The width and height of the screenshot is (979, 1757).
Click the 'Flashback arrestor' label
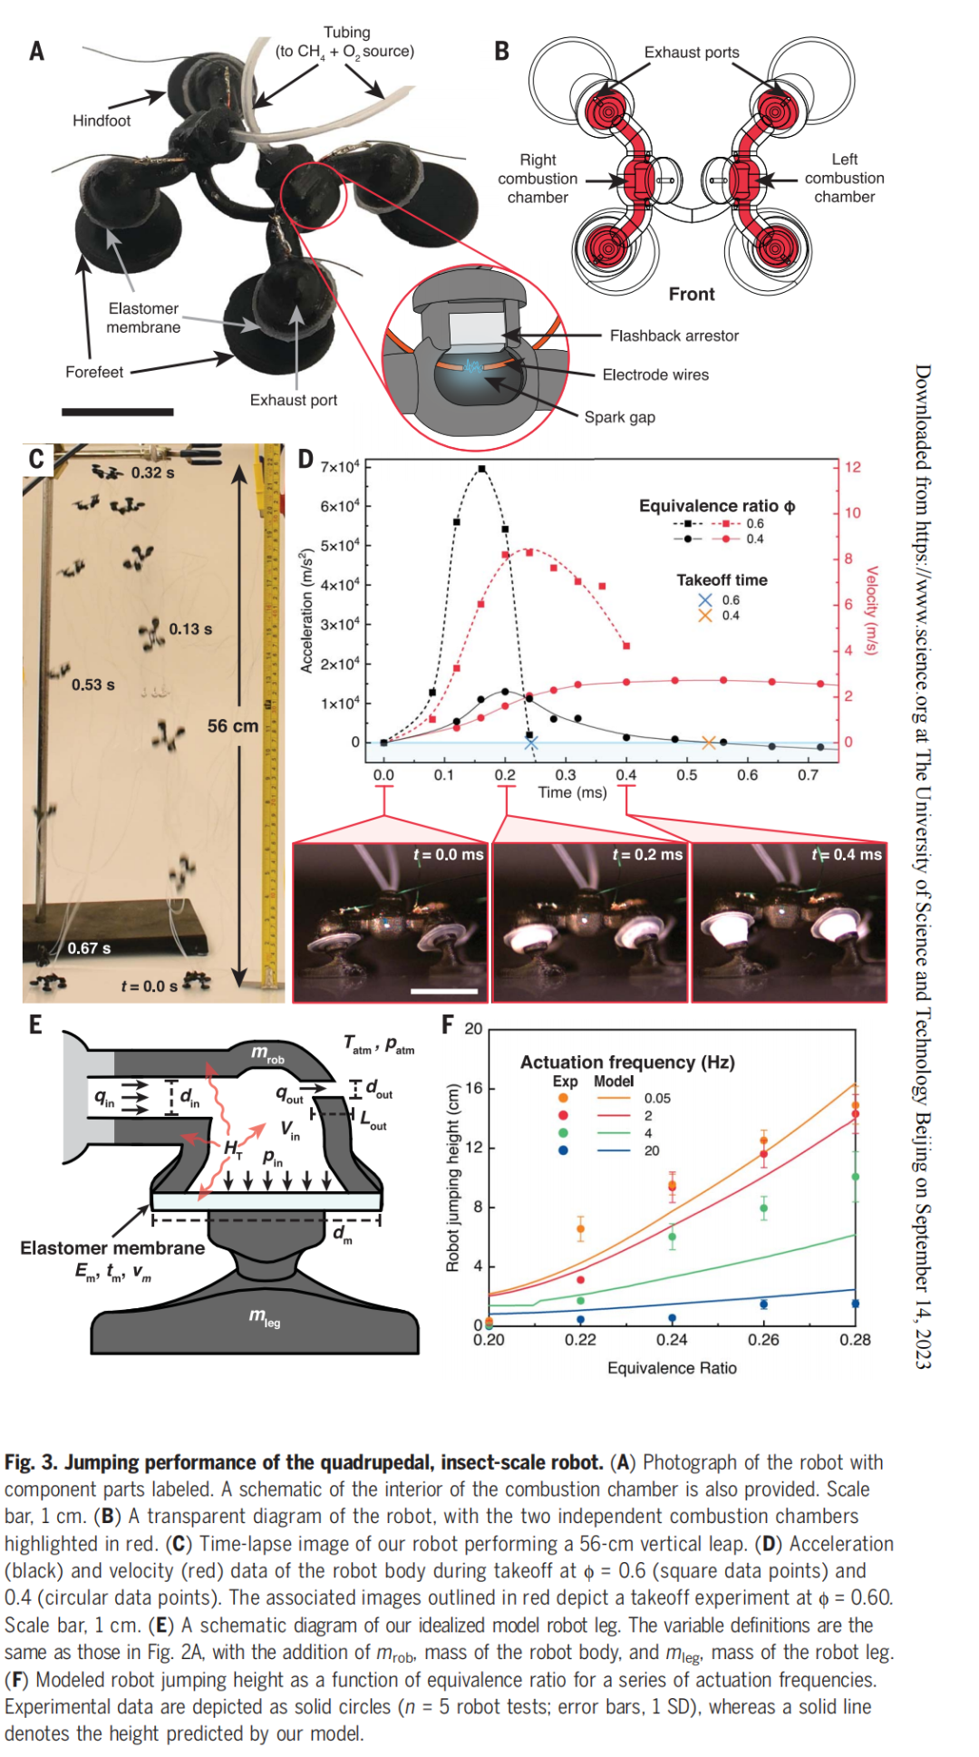674,335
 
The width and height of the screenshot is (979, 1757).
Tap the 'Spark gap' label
619,417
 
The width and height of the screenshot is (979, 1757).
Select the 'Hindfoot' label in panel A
102,121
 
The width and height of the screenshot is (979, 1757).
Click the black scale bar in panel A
118,412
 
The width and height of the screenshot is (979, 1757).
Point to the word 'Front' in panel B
692,294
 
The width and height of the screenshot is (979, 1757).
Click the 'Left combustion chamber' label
844,178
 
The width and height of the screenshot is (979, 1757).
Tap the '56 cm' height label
232,726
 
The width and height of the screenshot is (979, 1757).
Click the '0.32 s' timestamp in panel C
152,472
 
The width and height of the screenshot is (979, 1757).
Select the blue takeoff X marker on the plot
531,743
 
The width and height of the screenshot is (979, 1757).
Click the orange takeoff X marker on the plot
709,743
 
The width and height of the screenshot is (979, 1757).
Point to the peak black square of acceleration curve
481,469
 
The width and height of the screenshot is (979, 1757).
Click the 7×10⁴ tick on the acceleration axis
339,467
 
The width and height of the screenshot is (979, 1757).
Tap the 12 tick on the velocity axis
852,467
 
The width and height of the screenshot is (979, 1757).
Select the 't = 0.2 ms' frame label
647,854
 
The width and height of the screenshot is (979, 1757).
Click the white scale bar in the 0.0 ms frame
443,991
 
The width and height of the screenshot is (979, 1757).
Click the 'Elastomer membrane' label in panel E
112,1247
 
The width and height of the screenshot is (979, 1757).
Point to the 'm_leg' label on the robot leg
265,1317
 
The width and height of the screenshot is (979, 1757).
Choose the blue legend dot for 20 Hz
563,1150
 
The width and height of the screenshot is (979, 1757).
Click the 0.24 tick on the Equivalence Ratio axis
672,1340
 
